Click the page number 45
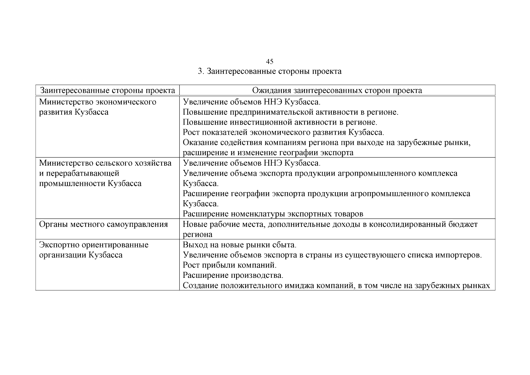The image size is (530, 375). pos(270,61)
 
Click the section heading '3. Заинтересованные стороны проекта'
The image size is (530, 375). pos(270,71)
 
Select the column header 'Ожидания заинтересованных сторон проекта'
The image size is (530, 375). pos(337,91)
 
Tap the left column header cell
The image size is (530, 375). pos(107,91)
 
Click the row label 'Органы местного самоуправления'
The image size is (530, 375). pos(103,224)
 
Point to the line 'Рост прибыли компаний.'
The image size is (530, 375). pos(230,265)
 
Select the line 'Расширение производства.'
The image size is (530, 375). pos(233,276)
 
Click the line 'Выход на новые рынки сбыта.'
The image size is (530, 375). pos(239,245)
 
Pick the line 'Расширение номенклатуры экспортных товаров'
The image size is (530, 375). pos(273,214)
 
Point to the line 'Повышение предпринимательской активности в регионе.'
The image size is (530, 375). pos(290,112)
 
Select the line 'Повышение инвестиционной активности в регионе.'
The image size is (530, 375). pos(280,122)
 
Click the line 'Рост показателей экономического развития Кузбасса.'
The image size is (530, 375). pos(283,132)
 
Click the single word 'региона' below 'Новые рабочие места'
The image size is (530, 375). pos(197,235)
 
